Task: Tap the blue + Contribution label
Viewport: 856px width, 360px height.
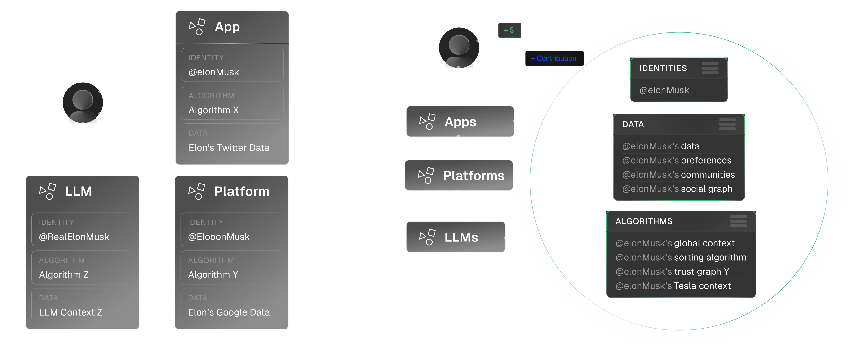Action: pos(554,58)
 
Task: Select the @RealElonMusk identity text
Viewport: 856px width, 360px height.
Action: pos(74,237)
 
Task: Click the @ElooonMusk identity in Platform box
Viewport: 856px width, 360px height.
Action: pos(219,237)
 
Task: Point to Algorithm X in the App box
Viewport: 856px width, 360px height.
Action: pos(213,110)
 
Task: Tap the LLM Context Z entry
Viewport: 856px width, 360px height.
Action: pos(70,312)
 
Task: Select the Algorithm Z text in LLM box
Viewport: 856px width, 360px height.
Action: pos(63,275)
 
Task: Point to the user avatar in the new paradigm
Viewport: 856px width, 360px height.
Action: pos(459,48)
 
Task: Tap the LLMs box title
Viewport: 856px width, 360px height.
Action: pos(461,237)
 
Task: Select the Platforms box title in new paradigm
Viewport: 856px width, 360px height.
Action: pos(474,176)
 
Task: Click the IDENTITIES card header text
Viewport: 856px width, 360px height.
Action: pos(663,68)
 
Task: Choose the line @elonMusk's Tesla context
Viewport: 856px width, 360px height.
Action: pos(673,286)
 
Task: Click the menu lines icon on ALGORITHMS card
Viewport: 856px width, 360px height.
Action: pos(738,221)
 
